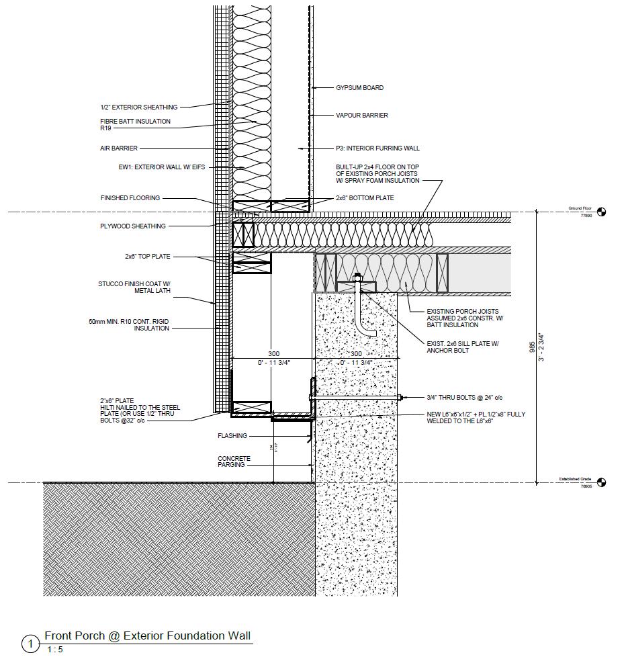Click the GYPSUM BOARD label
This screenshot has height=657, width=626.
(x=359, y=88)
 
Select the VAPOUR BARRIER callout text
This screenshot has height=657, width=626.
(x=361, y=116)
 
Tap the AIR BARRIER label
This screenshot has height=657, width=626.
(x=118, y=148)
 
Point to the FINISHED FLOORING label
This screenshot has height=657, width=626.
(x=130, y=198)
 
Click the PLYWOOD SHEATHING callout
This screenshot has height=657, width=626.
(x=132, y=226)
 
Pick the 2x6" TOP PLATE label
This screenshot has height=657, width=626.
(x=147, y=257)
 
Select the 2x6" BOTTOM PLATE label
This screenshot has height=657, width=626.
(x=365, y=198)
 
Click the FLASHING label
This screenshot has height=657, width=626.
(x=232, y=436)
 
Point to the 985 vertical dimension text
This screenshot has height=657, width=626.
(x=532, y=347)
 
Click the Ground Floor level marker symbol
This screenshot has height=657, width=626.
(x=601, y=212)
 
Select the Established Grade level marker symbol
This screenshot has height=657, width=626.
(x=601, y=482)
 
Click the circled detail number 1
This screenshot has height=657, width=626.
(x=31, y=644)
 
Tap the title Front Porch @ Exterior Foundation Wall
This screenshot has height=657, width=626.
(x=148, y=636)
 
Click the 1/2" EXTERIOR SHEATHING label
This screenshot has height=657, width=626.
(x=138, y=107)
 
